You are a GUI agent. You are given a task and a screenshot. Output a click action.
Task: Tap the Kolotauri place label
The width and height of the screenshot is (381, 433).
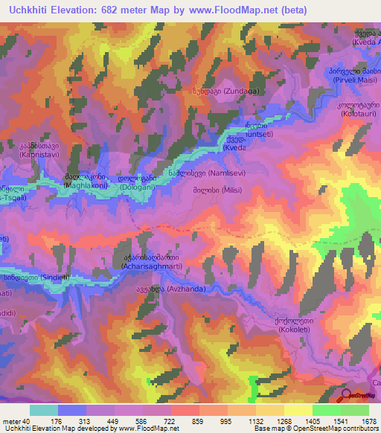pos(358,115)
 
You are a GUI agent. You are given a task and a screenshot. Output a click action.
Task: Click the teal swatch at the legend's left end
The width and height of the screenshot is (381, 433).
pos(43,410)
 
